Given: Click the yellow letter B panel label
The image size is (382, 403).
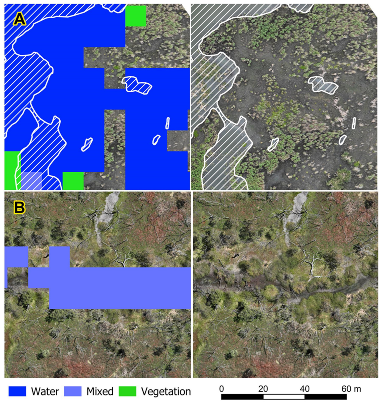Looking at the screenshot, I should (x=19, y=208).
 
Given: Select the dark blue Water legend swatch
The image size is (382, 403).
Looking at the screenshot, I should (x=17, y=391).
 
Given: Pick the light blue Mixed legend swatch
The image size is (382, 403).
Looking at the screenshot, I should (x=73, y=391).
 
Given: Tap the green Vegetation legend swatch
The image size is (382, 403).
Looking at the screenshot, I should (x=128, y=391).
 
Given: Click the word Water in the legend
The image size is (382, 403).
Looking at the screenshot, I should (x=45, y=391).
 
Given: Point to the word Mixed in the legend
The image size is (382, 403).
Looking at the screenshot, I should (x=100, y=391).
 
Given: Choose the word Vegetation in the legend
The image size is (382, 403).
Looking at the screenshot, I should (x=166, y=391).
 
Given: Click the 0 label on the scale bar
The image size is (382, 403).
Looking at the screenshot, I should (x=221, y=389).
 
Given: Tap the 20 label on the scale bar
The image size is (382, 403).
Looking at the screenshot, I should (x=263, y=389).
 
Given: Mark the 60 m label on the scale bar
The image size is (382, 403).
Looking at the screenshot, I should (x=351, y=389).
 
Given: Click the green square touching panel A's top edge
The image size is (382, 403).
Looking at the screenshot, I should (x=136, y=16).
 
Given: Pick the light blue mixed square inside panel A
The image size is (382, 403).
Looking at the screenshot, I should (x=31, y=180).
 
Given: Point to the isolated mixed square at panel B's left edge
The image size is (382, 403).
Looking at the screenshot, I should (x=16, y=257).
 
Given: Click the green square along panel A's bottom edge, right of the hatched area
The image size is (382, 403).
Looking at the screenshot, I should (x=73, y=181).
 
